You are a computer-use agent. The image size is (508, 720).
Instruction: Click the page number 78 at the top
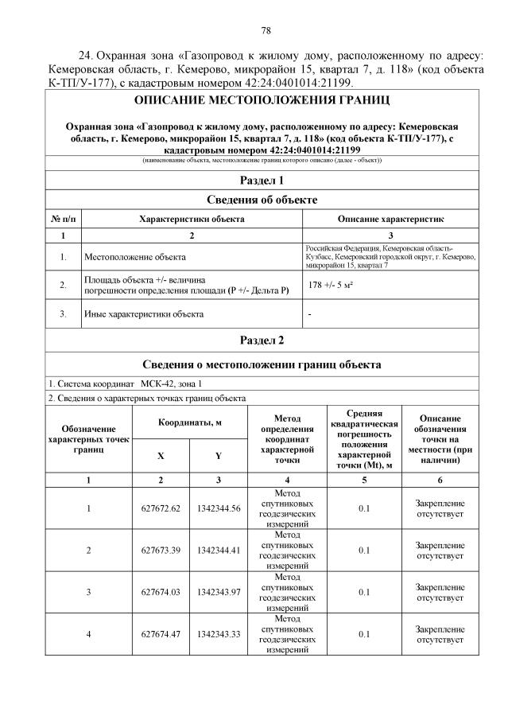point(266,30)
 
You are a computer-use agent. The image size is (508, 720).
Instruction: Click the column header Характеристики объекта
point(192,218)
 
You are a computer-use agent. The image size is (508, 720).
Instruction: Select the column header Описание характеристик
point(390,218)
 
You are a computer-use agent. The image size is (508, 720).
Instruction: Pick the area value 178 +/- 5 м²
point(328,285)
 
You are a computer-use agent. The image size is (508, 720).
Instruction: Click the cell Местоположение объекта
point(135,257)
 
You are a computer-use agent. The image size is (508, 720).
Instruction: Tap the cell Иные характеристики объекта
point(144,314)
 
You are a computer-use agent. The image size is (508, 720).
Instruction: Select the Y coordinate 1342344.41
point(218,550)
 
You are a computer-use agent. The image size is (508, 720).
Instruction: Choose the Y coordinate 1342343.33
point(218,633)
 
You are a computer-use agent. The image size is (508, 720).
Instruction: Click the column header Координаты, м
point(189,422)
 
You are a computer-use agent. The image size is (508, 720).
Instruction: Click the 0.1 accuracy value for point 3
point(363,591)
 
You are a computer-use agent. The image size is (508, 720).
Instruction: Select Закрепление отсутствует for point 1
point(440,508)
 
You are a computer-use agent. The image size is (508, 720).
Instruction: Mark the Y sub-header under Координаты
point(218,456)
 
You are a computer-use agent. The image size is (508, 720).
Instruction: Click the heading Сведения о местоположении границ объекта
point(262,365)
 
